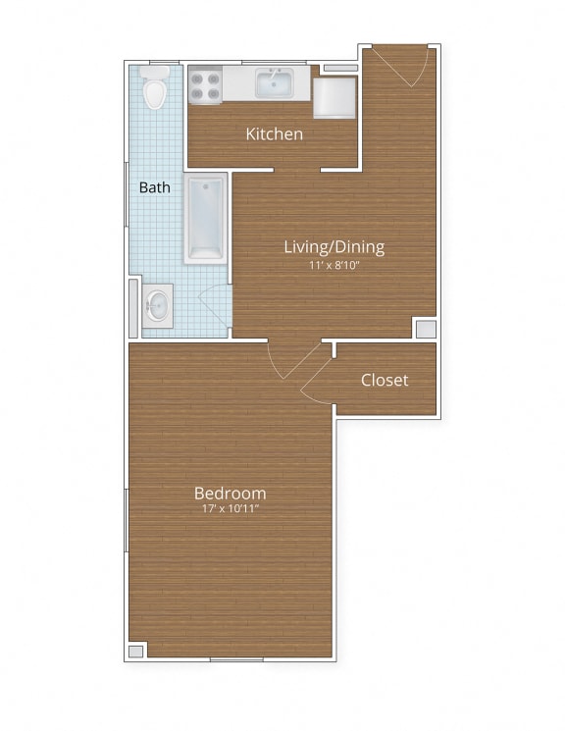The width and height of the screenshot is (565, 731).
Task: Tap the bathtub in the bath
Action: coord(205,217)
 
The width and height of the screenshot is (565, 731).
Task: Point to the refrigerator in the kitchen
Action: coord(334,97)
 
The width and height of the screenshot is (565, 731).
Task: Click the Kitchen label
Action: coord(275,134)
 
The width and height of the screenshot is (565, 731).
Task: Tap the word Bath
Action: coord(155,186)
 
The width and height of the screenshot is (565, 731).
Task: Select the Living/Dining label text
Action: coord(334,246)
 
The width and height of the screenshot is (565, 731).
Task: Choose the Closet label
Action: coord(385,380)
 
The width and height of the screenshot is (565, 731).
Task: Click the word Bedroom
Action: coord(231,493)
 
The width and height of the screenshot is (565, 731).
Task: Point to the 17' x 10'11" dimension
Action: coord(231,510)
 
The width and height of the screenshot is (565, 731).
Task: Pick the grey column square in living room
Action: coord(426,329)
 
